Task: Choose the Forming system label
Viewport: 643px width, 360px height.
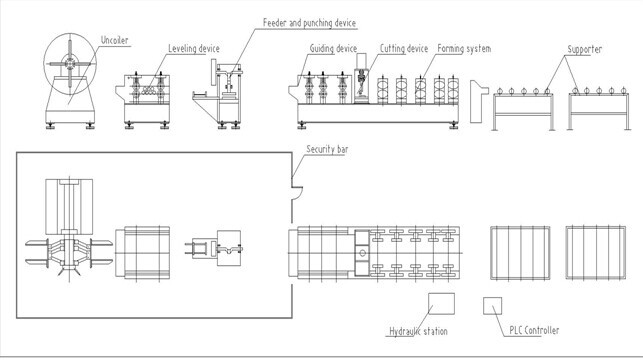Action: click(464, 48)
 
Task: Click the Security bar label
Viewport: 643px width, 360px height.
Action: click(328, 149)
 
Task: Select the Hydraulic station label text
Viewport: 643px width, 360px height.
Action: click(417, 330)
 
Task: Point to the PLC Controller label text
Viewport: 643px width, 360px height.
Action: click(531, 330)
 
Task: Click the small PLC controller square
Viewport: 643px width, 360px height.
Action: click(492, 305)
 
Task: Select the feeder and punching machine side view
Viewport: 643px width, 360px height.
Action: click(229, 93)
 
